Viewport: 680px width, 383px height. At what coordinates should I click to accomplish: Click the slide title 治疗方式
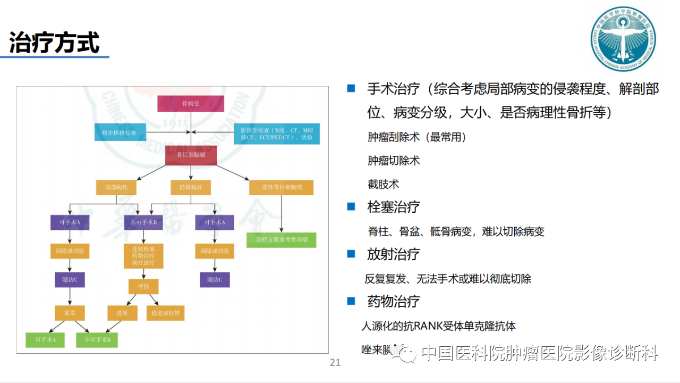pos(55,42)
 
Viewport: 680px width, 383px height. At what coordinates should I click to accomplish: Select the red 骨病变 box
pos(190,104)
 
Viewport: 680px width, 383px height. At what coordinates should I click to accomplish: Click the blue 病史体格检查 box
pos(120,132)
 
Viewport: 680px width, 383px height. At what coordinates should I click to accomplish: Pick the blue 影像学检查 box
pos(276,134)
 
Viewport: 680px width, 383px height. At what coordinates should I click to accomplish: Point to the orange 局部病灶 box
pos(116,188)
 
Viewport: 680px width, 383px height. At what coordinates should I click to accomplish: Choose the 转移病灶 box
pos(190,188)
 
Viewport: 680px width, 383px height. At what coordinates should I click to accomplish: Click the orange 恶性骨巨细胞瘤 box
pos(281,188)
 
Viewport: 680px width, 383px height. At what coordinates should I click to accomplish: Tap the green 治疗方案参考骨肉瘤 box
pos(281,240)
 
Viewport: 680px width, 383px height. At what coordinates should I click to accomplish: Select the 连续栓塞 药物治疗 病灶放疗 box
pos(143,256)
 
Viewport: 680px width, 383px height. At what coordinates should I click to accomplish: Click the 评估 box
pos(143,287)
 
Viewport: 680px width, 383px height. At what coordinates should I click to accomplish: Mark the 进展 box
pos(122,313)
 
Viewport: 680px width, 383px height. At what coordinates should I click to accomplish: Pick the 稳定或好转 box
pos(165,313)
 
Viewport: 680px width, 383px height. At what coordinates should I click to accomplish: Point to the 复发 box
pos(70,313)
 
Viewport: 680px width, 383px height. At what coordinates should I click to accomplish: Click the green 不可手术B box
pos(97,339)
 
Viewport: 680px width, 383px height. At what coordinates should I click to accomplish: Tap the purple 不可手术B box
pos(143,222)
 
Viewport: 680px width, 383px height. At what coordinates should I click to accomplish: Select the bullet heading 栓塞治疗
pos(393,207)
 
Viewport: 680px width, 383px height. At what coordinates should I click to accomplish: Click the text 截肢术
pos(383,185)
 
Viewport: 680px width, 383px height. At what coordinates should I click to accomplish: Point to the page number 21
pos(335,363)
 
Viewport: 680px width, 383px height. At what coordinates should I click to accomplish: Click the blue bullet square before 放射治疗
pos(351,254)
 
